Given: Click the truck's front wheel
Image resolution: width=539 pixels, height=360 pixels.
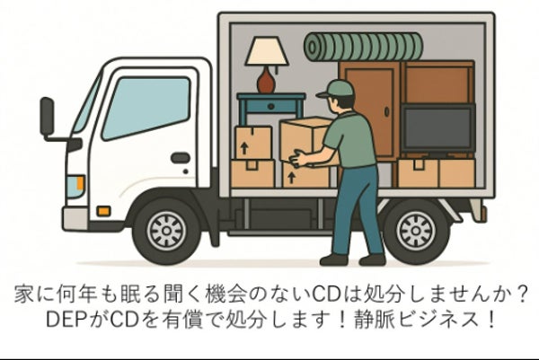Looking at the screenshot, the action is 166,231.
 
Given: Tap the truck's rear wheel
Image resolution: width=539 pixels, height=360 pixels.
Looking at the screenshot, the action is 416,231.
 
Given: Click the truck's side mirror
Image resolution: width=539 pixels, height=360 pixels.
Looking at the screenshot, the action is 47,117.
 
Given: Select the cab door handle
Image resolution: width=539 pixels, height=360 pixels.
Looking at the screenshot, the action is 181,158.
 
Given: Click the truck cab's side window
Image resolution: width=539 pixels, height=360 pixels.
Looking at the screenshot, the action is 146,108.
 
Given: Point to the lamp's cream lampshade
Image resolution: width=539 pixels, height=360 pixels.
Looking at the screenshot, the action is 267,51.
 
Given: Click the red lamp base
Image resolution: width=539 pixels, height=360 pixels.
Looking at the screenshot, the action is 266,80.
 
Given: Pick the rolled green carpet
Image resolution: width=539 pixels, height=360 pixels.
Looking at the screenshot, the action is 363,47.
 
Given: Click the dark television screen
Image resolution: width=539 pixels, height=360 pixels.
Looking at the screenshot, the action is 438,127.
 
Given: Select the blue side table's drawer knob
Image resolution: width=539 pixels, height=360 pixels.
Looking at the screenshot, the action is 271,107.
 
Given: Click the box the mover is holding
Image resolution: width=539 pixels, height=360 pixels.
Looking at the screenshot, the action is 305,140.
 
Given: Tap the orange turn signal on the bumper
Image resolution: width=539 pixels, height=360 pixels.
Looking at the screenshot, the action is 103,211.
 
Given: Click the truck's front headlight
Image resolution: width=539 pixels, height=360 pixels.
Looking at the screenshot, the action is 75,187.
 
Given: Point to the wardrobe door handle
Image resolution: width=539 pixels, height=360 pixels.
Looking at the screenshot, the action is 386,111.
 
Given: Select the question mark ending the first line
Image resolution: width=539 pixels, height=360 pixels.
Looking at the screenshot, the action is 521,294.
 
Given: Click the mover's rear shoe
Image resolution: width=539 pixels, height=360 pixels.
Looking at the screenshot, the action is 334,259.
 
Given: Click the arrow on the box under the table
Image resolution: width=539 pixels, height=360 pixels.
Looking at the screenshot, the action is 244,148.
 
